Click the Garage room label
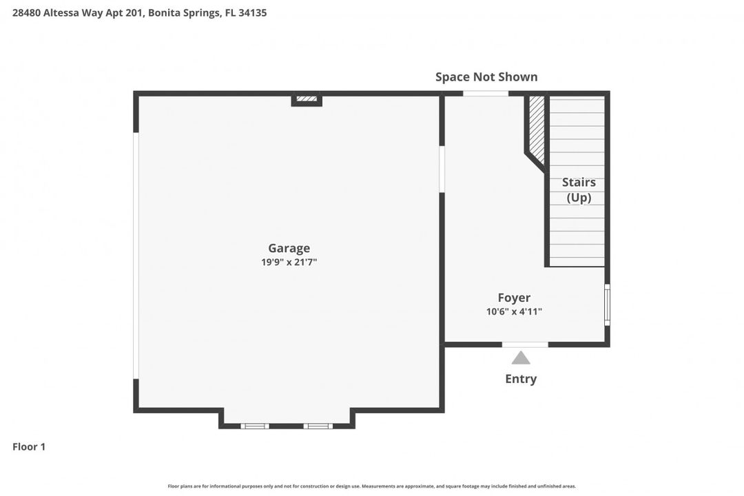(289, 248)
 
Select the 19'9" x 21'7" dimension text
(289, 262)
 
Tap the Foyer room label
(514, 298)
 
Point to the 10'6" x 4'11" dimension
(514, 311)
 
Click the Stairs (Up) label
(579, 189)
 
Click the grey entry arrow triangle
(521, 358)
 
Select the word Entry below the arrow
(521, 379)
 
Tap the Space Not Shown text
(486, 76)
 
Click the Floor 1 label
(29, 446)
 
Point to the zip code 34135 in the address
(251, 12)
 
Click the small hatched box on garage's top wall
(307, 99)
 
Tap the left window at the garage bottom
(255, 426)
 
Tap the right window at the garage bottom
(318, 426)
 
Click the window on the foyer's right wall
(607, 304)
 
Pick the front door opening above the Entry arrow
(525, 344)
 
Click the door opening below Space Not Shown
(485, 94)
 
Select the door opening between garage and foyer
(442, 169)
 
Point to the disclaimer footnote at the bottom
(372, 486)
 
